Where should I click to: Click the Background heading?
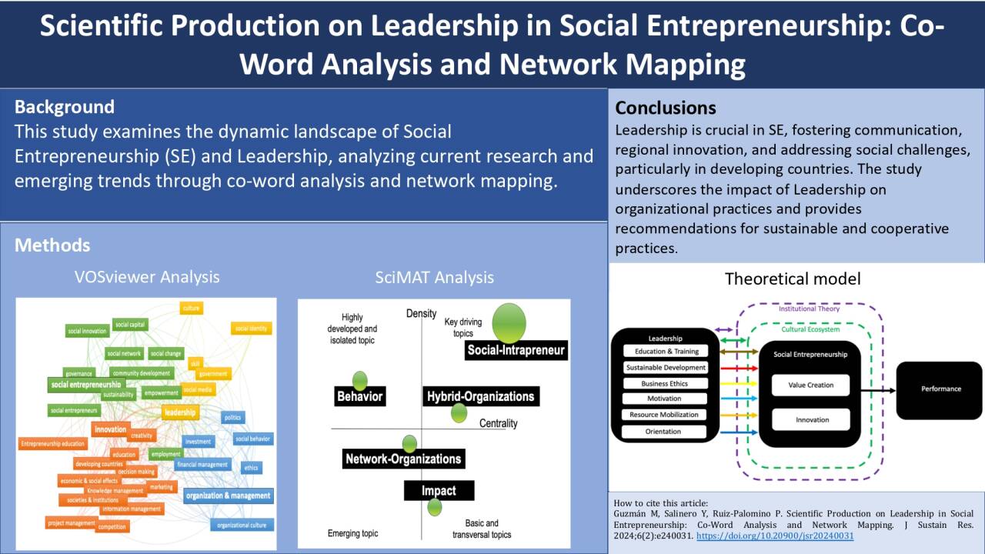(x=65, y=107)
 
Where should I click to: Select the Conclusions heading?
(x=666, y=108)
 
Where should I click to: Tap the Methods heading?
(x=52, y=245)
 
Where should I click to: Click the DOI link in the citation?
(x=775, y=536)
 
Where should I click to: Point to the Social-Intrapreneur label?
(x=516, y=351)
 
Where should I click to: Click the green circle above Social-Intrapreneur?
(x=509, y=323)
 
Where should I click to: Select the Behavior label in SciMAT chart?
(x=359, y=397)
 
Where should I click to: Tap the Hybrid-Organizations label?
(x=480, y=397)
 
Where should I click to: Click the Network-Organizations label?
(x=403, y=459)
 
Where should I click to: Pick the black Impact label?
(x=439, y=491)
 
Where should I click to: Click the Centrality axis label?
(x=498, y=423)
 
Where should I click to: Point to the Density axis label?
(x=421, y=313)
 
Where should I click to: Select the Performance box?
(x=940, y=389)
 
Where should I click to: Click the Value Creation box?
(x=810, y=385)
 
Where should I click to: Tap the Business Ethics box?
(x=665, y=383)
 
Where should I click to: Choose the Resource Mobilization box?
(x=664, y=415)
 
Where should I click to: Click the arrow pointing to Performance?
(x=877, y=391)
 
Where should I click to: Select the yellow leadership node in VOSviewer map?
(x=180, y=413)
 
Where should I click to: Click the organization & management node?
(x=228, y=496)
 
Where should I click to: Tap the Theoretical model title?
(x=793, y=279)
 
